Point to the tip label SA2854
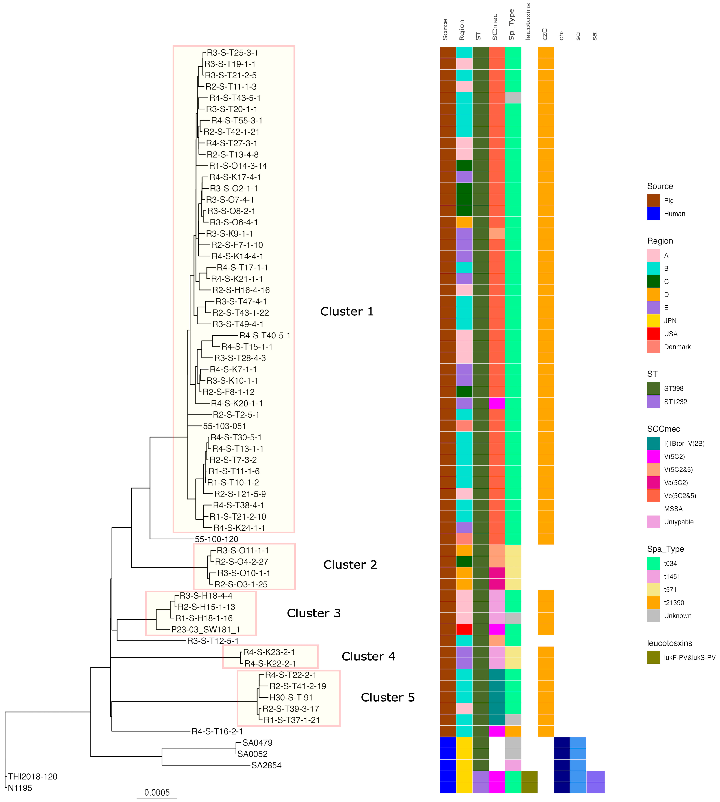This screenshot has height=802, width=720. click(x=266, y=766)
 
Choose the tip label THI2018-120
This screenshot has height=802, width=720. click(x=32, y=777)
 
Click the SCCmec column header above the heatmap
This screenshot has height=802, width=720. click(x=495, y=27)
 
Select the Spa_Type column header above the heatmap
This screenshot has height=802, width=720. click(x=511, y=24)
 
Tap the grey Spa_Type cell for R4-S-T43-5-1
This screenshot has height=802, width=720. click(x=513, y=98)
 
